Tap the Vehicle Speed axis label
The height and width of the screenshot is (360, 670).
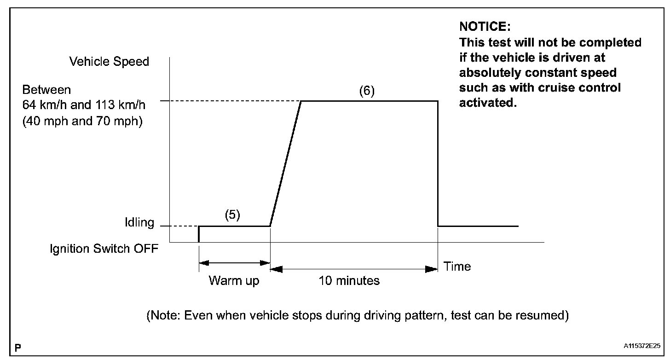109,62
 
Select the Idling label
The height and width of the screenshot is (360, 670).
139,223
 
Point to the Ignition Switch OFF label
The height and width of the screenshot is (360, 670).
104,249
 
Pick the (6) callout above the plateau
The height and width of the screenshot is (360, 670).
367,91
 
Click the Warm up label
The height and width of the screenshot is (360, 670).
234,280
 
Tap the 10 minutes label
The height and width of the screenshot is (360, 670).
349,280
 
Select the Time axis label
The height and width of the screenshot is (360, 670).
457,267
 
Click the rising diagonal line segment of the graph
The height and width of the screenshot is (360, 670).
285,163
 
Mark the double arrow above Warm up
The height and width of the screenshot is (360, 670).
234,263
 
